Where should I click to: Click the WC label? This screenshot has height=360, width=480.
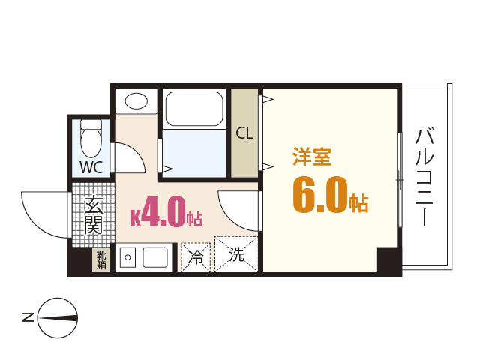91,166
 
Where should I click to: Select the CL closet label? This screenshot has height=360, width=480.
244,133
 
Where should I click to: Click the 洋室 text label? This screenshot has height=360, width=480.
312,158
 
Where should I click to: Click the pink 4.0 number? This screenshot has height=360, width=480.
163,213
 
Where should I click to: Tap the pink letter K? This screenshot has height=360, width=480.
136,218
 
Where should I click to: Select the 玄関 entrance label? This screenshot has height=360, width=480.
93,214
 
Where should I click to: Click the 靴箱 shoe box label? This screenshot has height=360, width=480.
100,259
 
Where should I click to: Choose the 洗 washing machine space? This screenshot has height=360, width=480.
236,255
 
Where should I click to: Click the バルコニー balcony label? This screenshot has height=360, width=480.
424,178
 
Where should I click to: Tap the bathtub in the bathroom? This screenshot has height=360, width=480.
193,109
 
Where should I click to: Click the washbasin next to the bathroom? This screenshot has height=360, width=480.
136,101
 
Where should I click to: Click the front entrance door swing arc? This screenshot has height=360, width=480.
45,214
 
